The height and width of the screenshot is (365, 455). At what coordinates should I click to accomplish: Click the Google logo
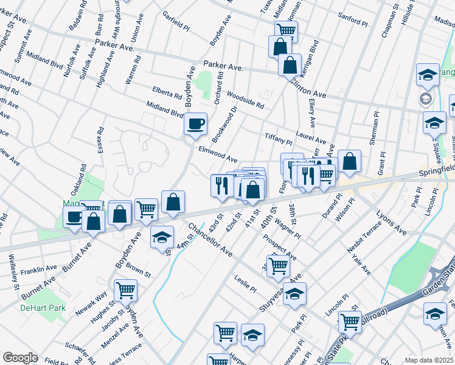coord(20,358)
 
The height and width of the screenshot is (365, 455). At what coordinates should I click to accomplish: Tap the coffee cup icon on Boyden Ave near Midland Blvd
coord(196,124)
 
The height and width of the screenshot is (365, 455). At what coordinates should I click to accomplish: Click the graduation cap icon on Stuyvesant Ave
coord(294,294)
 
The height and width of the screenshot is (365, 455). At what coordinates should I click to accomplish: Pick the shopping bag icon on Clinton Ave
coord(290,64)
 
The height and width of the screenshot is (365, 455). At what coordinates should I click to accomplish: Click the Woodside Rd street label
coord(245,100)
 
